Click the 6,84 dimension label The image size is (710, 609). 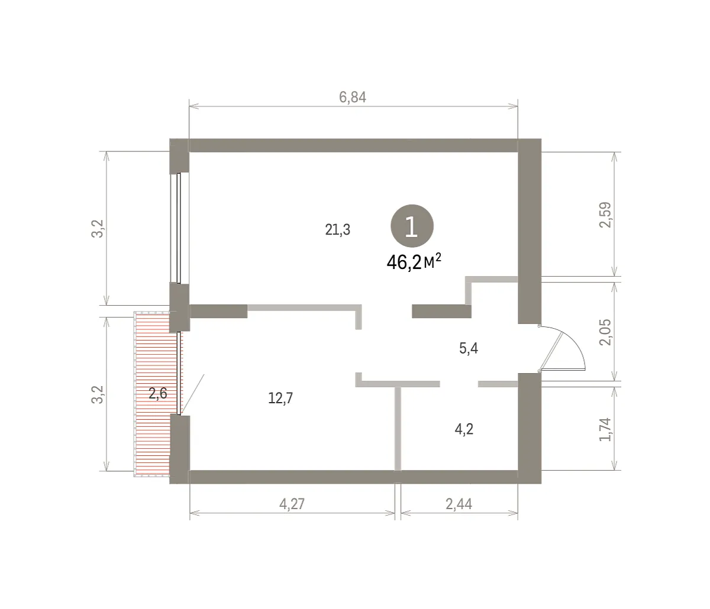pos(353,98)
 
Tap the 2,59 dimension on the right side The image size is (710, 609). pos(605,215)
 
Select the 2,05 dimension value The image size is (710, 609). pos(605,332)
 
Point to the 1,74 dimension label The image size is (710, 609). pos(605,429)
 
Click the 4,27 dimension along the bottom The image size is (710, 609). pos(292,504)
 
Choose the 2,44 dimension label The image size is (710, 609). pos(459,504)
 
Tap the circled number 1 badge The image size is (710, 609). pos(412,226)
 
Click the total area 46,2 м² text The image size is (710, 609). pos(414,263)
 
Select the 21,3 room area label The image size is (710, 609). pos(338,229)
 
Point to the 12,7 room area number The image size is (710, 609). pos(280,399)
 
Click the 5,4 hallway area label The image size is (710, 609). pos(469,349)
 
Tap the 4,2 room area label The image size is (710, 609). pos(464,429)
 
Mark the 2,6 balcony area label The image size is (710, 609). pos(157,393)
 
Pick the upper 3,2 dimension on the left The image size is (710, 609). pos(97,228)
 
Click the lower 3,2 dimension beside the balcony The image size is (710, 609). pos(97,394)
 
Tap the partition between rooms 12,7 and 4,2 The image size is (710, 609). pos(398,429)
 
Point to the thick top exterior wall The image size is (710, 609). pos(353,145)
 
